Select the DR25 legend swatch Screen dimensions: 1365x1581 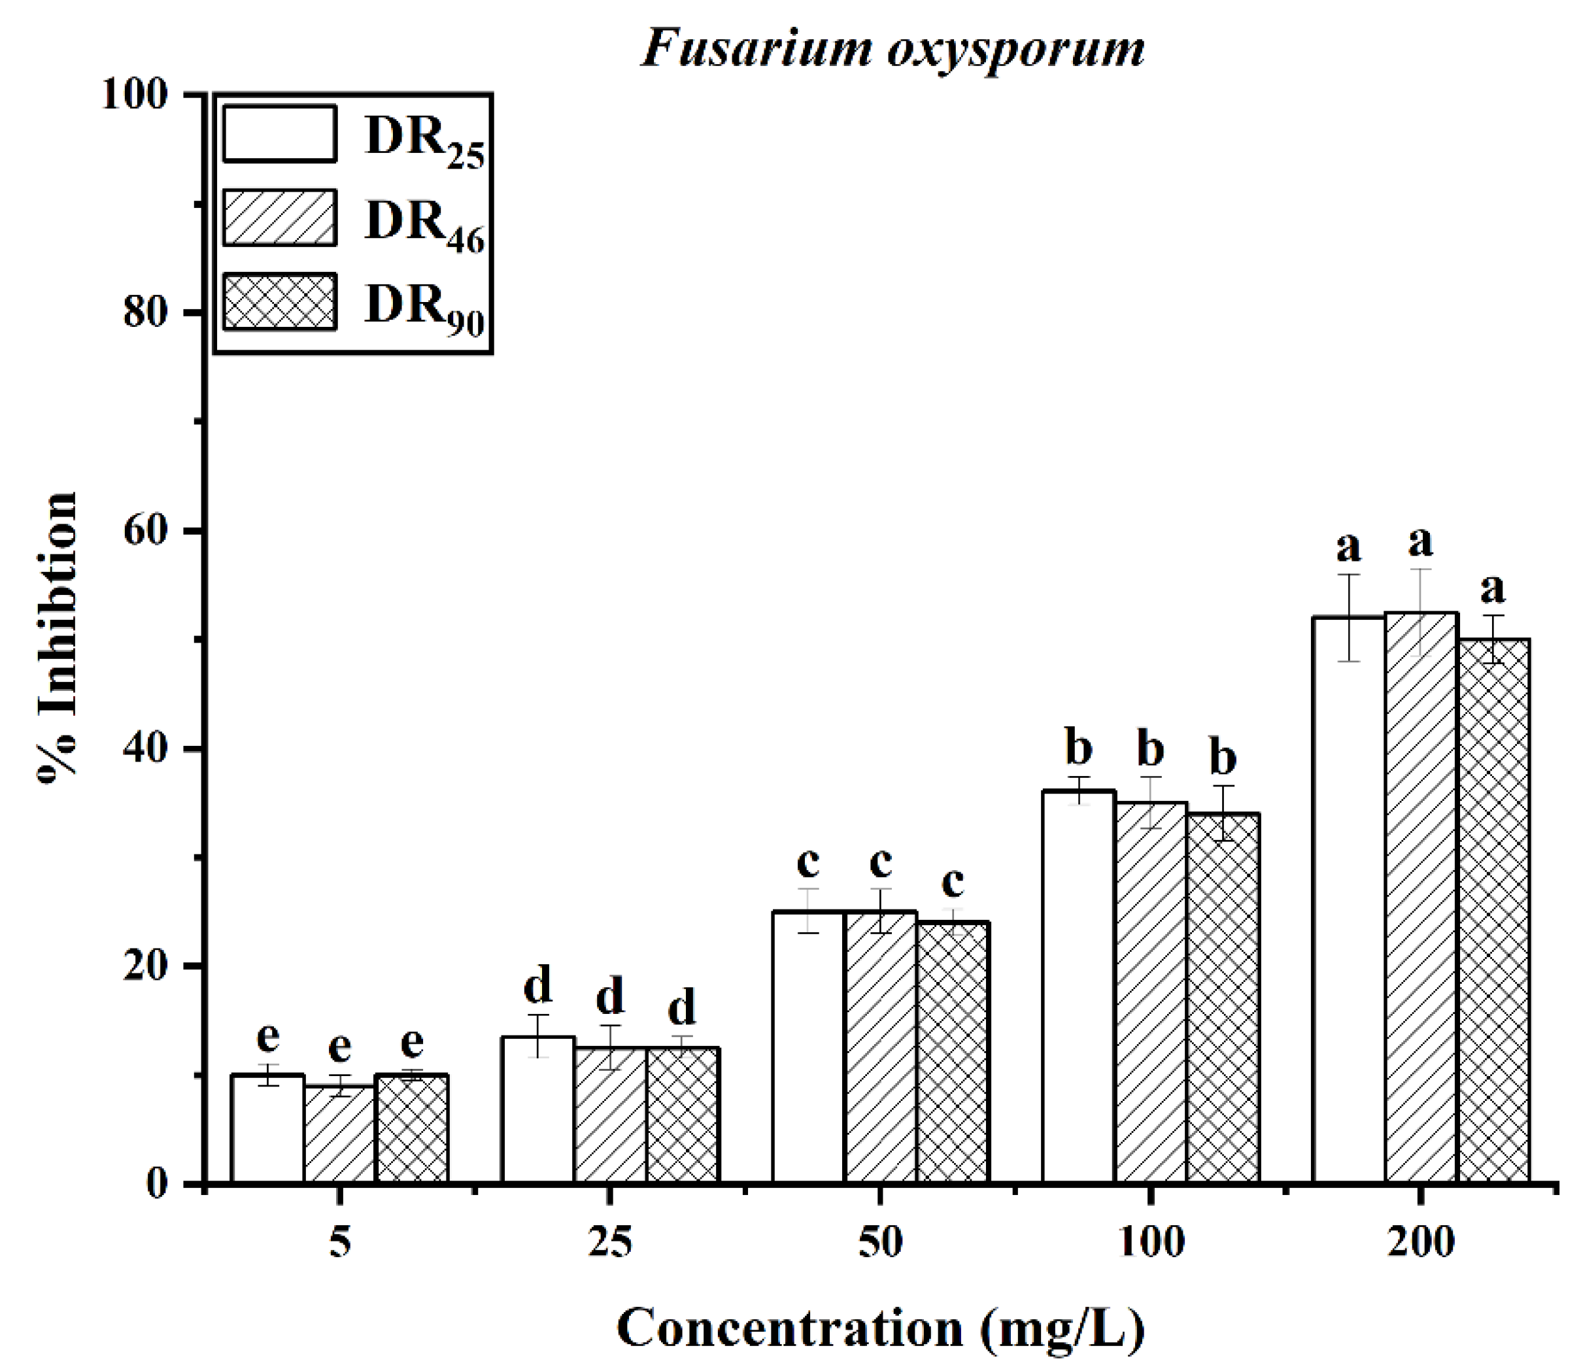click(x=279, y=134)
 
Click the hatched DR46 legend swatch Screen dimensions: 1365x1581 click(x=279, y=218)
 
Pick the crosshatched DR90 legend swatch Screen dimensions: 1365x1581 click(x=279, y=302)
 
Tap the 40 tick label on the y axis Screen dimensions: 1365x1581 click(x=145, y=749)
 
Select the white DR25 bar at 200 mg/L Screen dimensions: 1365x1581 click(x=1348, y=900)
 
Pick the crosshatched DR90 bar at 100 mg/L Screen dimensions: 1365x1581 click(x=1223, y=1000)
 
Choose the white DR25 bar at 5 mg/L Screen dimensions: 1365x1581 click(x=267, y=1129)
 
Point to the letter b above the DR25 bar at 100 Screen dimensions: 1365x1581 click(x=1078, y=749)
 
